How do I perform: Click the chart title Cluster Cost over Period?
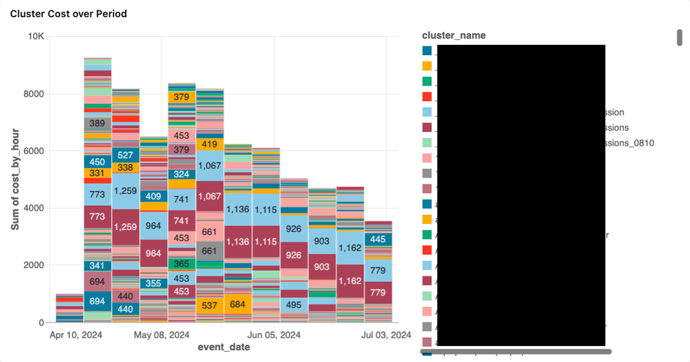tap(68, 14)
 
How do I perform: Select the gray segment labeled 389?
tap(97, 124)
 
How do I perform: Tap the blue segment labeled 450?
tap(97, 162)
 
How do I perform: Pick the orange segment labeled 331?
tap(97, 173)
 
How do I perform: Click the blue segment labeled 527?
tap(126, 155)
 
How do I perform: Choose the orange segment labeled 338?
tap(126, 167)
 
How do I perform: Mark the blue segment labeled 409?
tap(153, 196)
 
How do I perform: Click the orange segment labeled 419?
tap(210, 144)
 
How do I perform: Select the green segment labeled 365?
tap(182, 264)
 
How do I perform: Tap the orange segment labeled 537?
tap(210, 305)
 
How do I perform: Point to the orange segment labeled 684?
tap(238, 304)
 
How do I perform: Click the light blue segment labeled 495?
tap(294, 305)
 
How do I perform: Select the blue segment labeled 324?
tap(182, 174)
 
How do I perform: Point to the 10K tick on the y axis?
tap(36, 36)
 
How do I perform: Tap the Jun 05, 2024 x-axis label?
tap(274, 336)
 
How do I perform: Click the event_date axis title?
tap(224, 347)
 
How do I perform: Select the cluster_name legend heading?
tap(453, 35)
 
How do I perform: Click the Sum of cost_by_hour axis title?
tap(15, 179)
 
